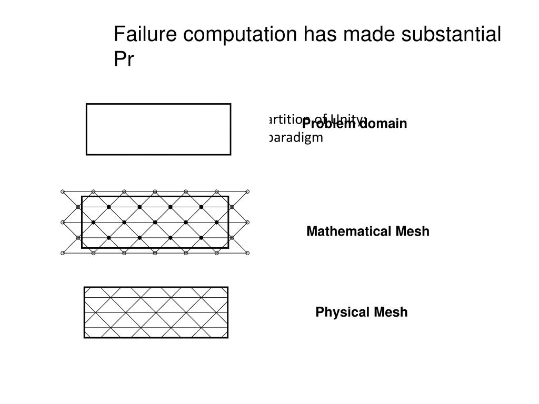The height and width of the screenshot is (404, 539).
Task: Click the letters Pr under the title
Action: click(124, 60)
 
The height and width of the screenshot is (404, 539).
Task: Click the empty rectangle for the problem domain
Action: click(158, 129)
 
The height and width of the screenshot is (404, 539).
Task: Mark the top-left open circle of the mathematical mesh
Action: click(63, 191)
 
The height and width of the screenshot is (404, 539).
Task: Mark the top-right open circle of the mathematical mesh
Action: click(247, 191)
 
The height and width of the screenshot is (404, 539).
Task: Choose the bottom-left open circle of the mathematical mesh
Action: click(63, 253)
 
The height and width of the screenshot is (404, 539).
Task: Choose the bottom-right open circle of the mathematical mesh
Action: click(247, 253)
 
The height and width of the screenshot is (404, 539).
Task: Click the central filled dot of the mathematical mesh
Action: click(155, 223)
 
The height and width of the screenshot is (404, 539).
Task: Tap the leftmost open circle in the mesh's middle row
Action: click(63, 223)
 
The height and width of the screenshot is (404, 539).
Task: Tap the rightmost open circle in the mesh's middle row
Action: click(247, 223)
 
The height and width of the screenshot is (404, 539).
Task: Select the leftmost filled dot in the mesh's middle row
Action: click(93, 223)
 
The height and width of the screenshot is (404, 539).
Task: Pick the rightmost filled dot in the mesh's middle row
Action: click(217, 223)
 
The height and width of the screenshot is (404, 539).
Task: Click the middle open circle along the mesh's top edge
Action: click(155, 191)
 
